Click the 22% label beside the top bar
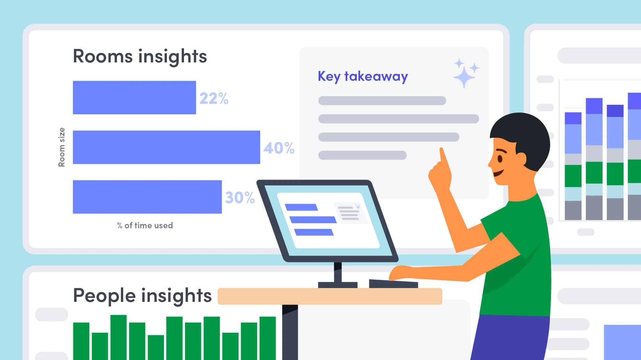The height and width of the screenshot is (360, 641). point(214,98)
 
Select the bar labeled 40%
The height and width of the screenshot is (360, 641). point(166,147)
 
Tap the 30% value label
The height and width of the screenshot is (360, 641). point(240,198)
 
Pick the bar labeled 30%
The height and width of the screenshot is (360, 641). point(147,197)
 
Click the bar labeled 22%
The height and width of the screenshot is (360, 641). point(134,98)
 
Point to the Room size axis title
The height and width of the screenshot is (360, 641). point(61,147)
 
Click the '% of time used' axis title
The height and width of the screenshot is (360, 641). point(145,225)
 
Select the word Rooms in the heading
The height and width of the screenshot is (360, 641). point(102,56)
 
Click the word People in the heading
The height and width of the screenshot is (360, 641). point(104,295)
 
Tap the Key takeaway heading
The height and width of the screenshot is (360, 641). point(363,77)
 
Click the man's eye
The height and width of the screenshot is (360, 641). point(500,159)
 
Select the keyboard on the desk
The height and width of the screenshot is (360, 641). point(393,283)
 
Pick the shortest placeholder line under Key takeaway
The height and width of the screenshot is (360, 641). point(362,155)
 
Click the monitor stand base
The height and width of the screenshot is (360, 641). point(337,284)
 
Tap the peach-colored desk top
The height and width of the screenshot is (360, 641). point(330,296)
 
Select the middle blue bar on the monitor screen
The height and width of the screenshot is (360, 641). point(313,219)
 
